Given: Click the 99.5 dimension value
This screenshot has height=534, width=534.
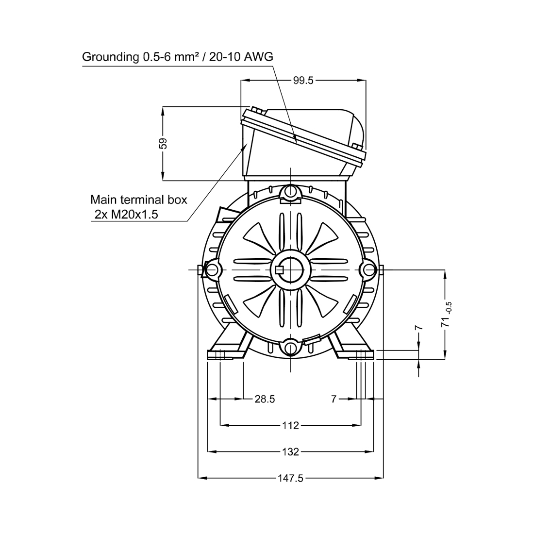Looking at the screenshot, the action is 303,81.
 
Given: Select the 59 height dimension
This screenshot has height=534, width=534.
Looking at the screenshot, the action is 164,143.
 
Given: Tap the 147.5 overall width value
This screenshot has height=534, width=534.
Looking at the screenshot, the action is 290,478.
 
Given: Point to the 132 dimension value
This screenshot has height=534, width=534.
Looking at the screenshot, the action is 290,452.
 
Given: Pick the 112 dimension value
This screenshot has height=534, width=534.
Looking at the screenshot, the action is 290,425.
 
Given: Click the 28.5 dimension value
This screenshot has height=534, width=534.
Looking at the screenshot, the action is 265,399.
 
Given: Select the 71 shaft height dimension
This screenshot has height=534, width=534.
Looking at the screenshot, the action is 446,321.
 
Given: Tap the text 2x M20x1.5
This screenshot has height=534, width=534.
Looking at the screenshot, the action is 126,215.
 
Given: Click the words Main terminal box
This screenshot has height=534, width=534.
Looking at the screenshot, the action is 139,199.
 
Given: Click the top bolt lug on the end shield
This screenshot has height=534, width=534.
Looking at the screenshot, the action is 290,192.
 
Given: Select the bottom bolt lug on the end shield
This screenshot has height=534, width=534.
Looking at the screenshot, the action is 290,348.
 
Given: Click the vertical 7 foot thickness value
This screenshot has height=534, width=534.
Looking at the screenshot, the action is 418,328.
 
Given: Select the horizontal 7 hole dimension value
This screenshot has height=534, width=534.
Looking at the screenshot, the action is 334,399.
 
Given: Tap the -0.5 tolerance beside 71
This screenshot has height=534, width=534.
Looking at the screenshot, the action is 449,307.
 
